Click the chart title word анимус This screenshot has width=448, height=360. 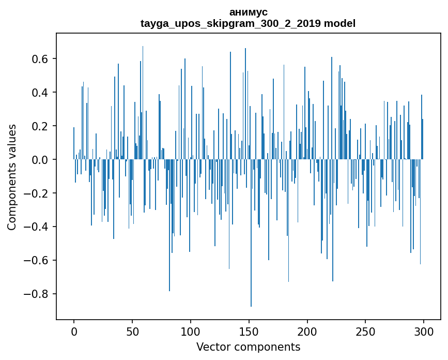pyautogui.click(x=248, y=12)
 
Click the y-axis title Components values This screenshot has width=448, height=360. pyautogui.click(x=12, y=177)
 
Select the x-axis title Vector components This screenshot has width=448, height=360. pyautogui.click(x=248, y=347)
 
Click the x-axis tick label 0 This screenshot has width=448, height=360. pyautogui.click(x=74, y=331)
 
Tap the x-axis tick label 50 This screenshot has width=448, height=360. pyautogui.click(x=132, y=331)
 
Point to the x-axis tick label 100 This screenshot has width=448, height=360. pyautogui.click(x=191, y=331)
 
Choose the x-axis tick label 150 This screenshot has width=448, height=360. pyautogui.click(x=249, y=331)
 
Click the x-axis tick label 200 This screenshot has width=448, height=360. pyautogui.click(x=307, y=331)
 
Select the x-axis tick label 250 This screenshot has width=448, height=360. pyautogui.click(x=366, y=331)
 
